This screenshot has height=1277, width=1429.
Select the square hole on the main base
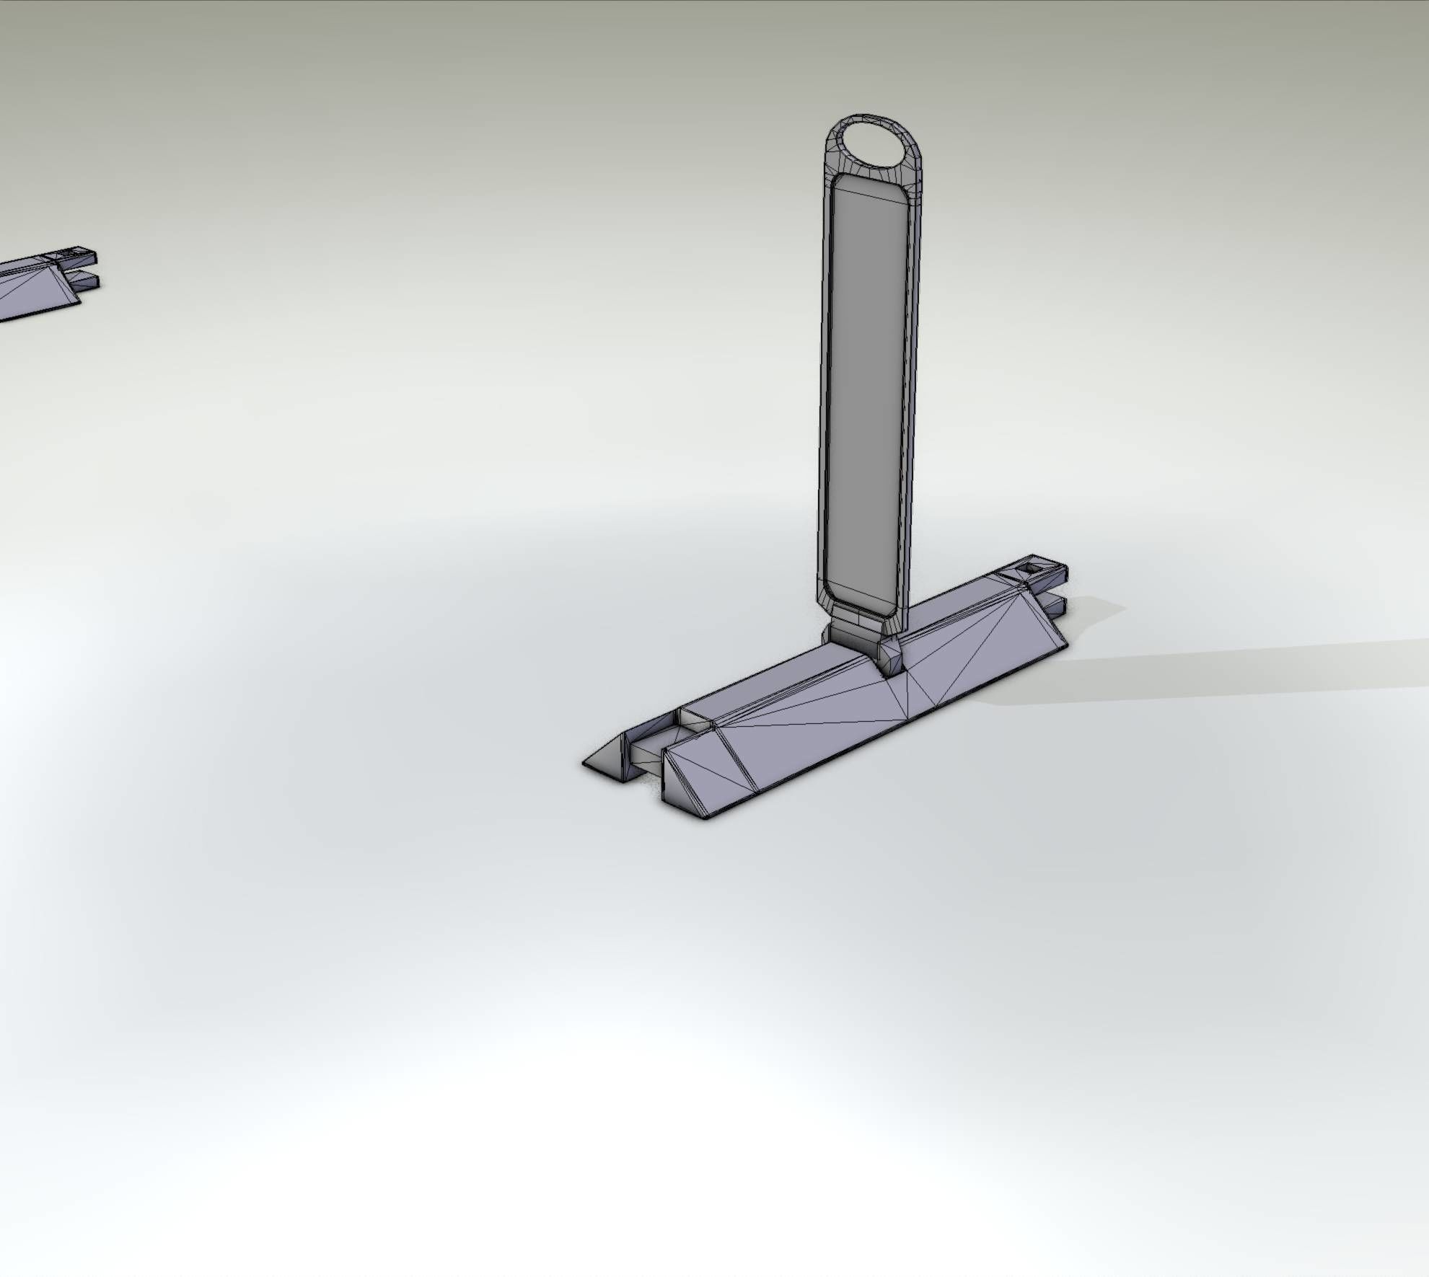point(1029,571)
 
